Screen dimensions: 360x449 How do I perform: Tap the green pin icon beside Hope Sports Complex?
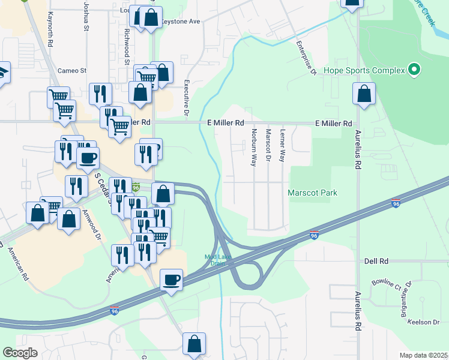click(x=414, y=71)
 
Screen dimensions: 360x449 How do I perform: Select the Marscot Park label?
click(x=312, y=193)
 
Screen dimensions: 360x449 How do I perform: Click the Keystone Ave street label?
click(x=179, y=21)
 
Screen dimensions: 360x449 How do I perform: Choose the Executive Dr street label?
click(x=186, y=97)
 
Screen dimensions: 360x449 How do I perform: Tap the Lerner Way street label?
click(x=282, y=146)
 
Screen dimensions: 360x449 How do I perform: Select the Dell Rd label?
click(x=376, y=262)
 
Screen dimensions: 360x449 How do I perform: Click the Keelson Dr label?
click(x=424, y=322)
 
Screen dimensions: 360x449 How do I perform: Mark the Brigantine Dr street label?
click(x=405, y=299)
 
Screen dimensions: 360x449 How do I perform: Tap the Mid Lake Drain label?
click(x=218, y=259)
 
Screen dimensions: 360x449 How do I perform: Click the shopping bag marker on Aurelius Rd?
click(x=364, y=94)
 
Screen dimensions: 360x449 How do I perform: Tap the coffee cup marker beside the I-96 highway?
click(x=172, y=280)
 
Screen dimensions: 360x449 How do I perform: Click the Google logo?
click(x=20, y=353)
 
